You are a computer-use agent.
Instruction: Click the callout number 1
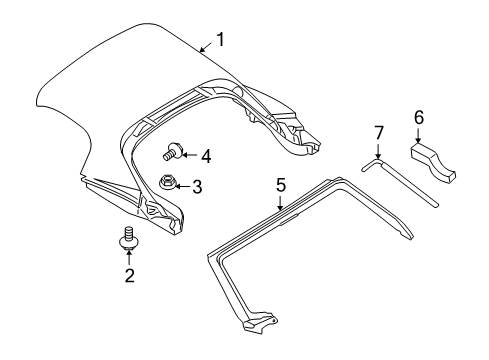[221, 40]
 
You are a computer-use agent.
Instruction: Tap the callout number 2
[129, 276]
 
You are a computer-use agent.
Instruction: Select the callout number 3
[197, 185]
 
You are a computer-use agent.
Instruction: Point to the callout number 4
[205, 155]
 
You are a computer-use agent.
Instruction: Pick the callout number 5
[281, 184]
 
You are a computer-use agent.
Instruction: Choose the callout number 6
[419, 117]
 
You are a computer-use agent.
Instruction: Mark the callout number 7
[379, 133]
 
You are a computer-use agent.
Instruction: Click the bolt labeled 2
[129, 239]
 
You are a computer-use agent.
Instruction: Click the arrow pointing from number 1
[204, 46]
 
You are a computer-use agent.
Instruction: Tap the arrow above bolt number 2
[129, 258]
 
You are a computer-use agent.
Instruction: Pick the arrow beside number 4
[189, 155]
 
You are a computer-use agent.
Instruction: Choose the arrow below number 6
[419, 136]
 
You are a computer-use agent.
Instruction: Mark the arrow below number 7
[379, 150]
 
